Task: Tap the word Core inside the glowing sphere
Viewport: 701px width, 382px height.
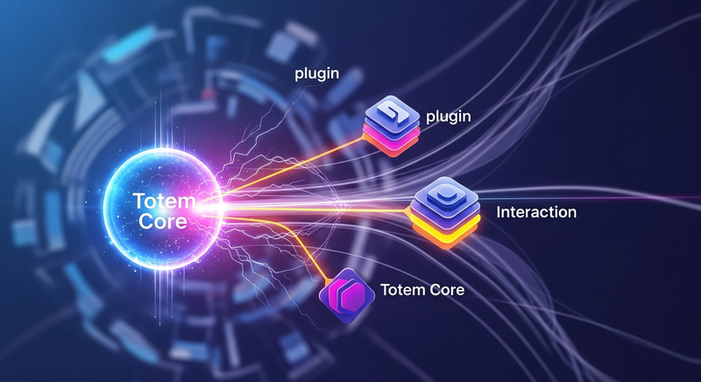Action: [x=162, y=222]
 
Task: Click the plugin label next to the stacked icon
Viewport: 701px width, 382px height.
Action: [x=448, y=117]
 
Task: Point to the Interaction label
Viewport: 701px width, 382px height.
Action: [x=536, y=212]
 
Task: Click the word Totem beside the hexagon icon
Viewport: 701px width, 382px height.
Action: [x=400, y=289]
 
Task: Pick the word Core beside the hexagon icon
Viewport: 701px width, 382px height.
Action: [x=443, y=289]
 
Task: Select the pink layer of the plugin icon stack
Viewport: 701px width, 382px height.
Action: [x=393, y=138]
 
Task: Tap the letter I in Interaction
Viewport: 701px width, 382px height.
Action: [x=499, y=212]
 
